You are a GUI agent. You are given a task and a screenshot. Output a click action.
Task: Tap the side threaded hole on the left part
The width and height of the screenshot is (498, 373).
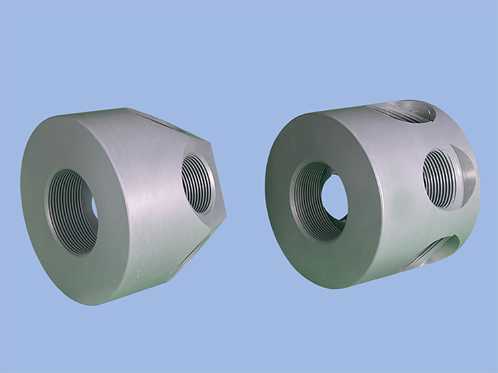[x=198, y=183]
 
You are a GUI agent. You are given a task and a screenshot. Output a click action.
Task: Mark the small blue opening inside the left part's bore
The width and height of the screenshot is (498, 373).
[x=95, y=207]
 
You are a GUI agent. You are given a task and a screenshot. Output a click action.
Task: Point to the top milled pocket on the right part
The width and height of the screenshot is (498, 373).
[x=402, y=112]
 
